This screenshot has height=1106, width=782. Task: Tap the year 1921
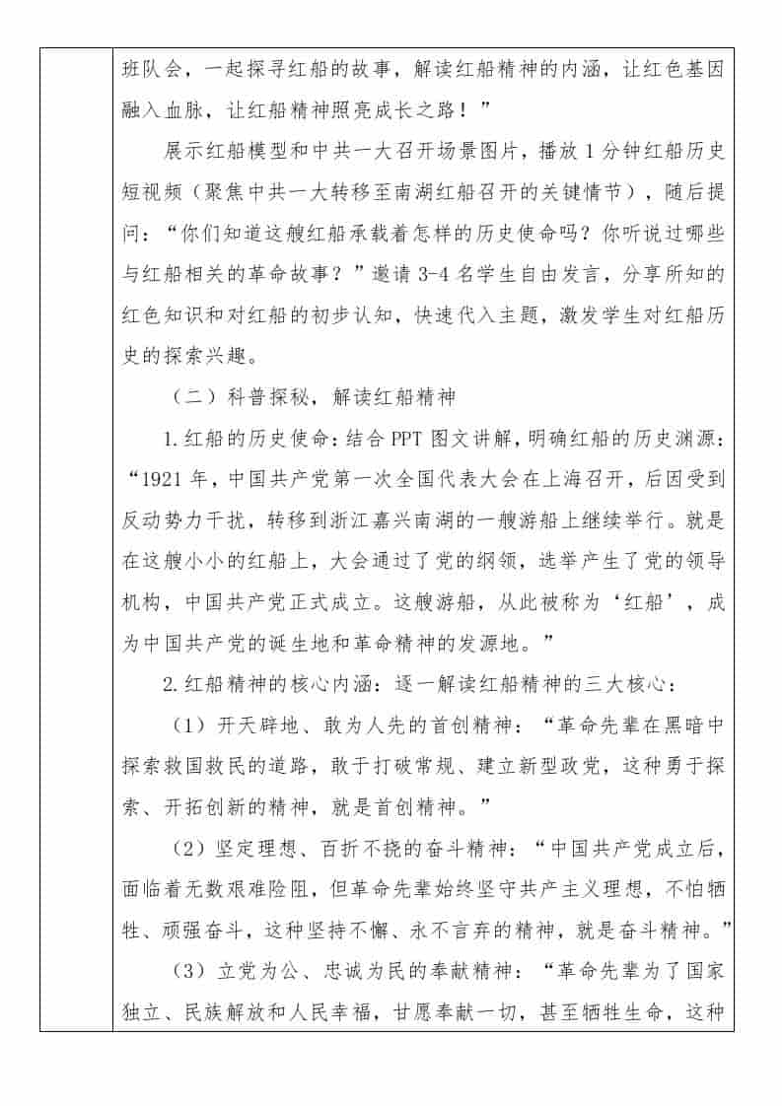click(x=166, y=480)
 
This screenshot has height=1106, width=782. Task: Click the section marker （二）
click(x=191, y=396)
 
